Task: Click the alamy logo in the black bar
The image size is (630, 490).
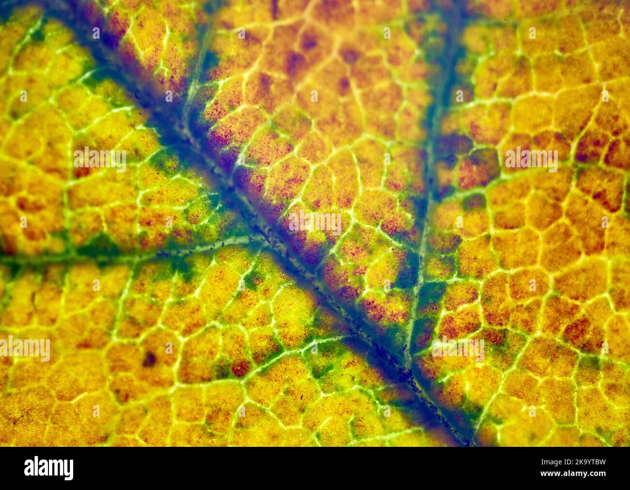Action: (48, 469)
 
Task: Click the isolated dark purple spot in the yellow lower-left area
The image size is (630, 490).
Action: (149, 359)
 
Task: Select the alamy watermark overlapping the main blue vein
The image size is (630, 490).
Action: (315, 222)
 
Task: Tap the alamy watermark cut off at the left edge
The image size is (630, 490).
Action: (24, 349)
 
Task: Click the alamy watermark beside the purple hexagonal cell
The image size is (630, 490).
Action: (531, 160)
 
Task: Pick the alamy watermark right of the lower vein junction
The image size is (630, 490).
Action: (457, 348)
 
